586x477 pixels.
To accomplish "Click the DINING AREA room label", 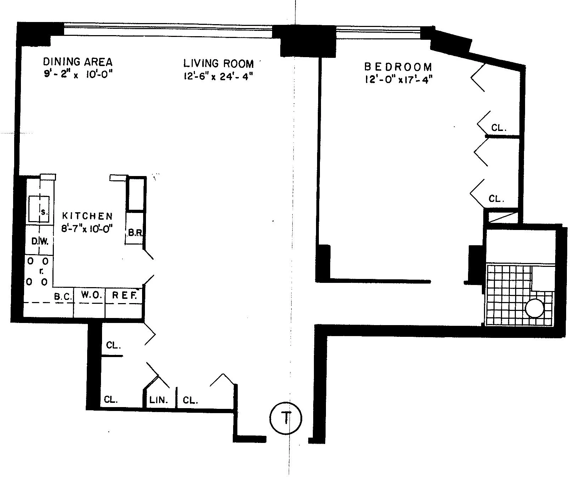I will click(78, 62).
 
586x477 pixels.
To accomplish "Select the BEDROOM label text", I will click(398, 67).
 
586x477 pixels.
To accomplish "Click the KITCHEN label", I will click(87, 216).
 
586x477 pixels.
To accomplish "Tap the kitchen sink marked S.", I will click(39, 209).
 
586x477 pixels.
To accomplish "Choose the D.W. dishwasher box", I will click(39, 241).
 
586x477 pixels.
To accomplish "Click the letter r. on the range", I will click(41, 272).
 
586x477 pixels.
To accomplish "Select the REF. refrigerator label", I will click(124, 295).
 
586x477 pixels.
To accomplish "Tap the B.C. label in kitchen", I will click(63, 296).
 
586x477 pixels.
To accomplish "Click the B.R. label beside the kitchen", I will click(135, 234).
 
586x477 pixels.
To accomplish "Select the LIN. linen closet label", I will click(158, 400).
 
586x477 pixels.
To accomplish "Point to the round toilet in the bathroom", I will click(535, 308).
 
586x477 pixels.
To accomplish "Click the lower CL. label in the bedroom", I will click(496, 199).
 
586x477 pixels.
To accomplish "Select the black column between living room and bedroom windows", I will click(308, 41).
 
